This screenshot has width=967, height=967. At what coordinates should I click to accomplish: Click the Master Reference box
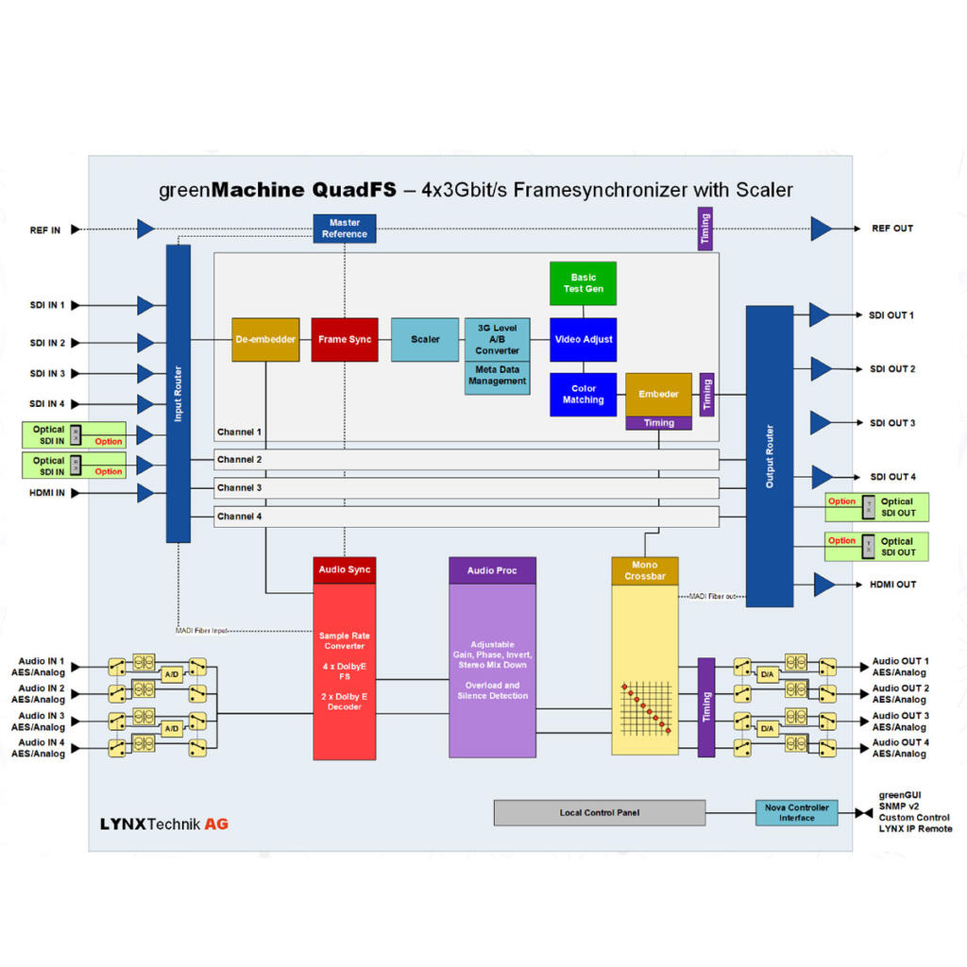345,229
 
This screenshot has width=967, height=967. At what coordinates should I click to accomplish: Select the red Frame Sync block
345,340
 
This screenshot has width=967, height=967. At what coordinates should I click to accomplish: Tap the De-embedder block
265,340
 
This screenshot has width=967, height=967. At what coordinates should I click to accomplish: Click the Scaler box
425,340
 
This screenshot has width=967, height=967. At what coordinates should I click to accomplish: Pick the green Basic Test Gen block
583,283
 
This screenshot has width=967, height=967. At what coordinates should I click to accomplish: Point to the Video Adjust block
583,340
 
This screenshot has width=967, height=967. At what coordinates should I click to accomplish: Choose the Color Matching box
583,395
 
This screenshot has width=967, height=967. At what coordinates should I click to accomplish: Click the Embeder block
658,394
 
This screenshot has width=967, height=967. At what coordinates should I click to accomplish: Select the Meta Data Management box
497,377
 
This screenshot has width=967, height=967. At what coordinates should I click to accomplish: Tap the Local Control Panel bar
600,813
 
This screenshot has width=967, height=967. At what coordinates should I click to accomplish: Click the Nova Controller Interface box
796,813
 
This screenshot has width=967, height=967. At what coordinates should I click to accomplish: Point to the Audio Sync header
345,570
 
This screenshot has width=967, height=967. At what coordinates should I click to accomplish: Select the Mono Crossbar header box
645,570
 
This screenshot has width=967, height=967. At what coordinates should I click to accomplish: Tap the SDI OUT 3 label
892,423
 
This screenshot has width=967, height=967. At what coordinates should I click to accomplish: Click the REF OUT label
892,229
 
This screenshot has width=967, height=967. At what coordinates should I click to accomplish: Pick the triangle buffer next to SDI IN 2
145,343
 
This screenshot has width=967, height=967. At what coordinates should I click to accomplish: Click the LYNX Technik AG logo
164,823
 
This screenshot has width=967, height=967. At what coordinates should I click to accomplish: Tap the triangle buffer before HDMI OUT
824,585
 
